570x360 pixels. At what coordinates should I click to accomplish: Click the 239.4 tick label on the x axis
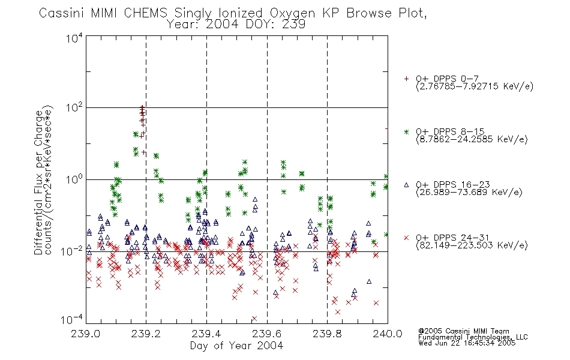pyautogui.click(x=206, y=334)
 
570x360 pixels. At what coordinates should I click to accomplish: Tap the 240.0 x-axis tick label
pyautogui.click(x=388, y=334)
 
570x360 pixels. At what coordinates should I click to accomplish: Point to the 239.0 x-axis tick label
pyautogui.click(x=86, y=334)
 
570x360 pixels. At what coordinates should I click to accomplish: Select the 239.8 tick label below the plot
pyautogui.click(x=327, y=334)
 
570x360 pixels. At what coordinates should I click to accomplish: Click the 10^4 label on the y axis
pyautogui.click(x=74, y=38)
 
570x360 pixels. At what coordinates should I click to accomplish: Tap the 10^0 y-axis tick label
pyautogui.click(x=74, y=179)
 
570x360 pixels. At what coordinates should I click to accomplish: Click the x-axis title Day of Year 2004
pyautogui.click(x=236, y=346)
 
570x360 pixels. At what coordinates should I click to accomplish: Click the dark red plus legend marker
pyautogui.click(x=406, y=79)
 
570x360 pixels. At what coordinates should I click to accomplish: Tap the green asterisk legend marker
pyautogui.click(x=406, y=131)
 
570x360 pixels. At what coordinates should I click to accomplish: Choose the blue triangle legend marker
pyautogui.click(x=406, y=185)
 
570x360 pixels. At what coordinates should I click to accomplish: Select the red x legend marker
pyautogui.click(x=406, y=238)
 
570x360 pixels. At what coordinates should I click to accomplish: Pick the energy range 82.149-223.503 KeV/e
pyautogui.click(x=472, y=245)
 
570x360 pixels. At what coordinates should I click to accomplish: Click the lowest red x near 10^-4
pyautogui.click(x=254, y=319)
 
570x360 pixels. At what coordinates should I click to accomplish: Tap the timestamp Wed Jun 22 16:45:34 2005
pyautogui.click(x=467, y=343)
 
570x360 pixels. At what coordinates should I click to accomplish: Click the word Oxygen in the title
pyautogui.click(x=293, y=13)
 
